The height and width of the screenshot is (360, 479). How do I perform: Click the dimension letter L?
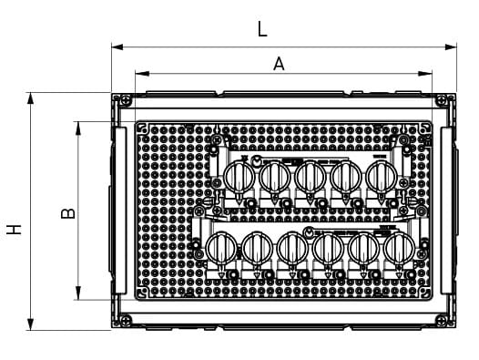pos(262,29)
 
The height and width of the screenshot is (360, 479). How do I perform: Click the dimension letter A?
pos(279,64)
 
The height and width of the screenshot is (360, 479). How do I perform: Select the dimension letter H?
pos(14,230)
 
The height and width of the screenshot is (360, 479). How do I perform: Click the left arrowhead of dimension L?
pos(117,47)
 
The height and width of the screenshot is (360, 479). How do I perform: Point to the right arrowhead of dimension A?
pos(425,74)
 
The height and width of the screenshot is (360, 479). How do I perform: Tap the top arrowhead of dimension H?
pos(30,98)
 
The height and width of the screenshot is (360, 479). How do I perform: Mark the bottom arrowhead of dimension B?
pos(78,293)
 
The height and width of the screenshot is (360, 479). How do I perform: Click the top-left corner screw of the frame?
pos(127,99)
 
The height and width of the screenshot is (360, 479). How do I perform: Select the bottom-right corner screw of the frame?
pos(441,320)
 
